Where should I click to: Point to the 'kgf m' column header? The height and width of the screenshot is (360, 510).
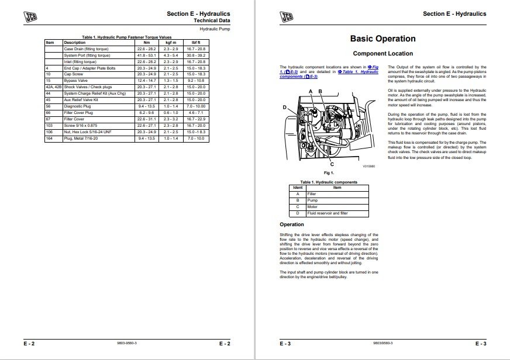point(171,43)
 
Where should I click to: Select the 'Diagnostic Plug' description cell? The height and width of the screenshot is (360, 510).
point(78,106)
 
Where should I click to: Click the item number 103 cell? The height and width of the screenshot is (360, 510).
point(50,125)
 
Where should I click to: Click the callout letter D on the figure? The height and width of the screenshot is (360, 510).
point(284,108)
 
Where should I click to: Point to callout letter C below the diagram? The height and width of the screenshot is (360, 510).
point(332,165)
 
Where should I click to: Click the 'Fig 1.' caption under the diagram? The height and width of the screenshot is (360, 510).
point(328,173)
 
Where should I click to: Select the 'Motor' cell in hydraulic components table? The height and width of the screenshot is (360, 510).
point(312,206)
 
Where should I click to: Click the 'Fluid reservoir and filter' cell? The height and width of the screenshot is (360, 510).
point(323,213)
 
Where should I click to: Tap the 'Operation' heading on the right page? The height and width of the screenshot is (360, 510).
point(292,224)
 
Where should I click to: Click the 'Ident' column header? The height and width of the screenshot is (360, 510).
point(298,187)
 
